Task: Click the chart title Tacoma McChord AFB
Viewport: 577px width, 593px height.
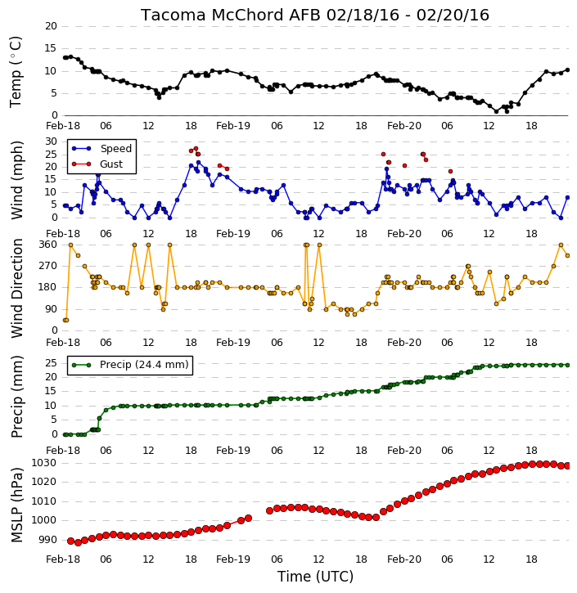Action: click(x=230, y=15)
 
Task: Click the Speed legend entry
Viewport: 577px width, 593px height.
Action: click(x=101, y=149)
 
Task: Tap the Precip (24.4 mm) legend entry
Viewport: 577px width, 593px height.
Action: click(x=130, y=365)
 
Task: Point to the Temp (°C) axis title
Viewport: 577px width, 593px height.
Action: click(x=16, y=71)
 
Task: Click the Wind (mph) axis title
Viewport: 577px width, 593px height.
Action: click(x=16, y=180)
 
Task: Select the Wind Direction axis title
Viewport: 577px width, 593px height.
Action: click(x=16, y=288)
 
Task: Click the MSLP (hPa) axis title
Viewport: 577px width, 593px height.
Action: click(x=16, y=505)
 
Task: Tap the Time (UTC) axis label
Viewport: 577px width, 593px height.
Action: click(x=315, y=577)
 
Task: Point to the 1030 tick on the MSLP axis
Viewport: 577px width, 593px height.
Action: click(x=43, y=463)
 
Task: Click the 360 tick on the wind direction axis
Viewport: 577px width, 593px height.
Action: click(x=48, y=245)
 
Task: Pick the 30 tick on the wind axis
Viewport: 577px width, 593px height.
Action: click(x=51, y=142)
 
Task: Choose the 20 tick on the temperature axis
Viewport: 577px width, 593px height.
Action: click(x=51, y=26)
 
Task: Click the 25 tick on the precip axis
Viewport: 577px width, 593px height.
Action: click(x=51, y=363)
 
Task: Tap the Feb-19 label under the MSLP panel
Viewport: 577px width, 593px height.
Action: click(x=233, y=559)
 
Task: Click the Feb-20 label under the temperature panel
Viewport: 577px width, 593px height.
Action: click(x=404, y=126)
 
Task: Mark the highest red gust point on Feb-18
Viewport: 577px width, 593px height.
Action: click(x=196, y=149)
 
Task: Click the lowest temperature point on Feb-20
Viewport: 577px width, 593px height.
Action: click(x=497, y=111)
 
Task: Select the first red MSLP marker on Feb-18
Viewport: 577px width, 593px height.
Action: click(x=70, y=541)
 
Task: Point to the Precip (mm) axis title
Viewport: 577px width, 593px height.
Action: click(x=16, y=397)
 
